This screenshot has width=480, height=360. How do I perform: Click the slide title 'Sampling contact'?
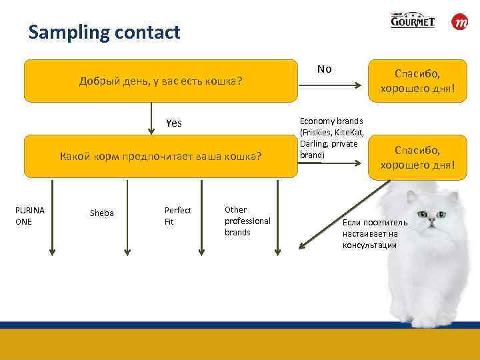tap(104, 32)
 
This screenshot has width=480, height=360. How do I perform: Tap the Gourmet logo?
tap(413, 21)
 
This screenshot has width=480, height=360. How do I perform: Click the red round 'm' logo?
tap(460, 22)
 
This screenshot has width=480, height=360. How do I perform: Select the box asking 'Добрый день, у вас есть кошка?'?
tap(160, 81)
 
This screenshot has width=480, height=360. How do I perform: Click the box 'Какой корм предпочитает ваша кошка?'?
tap(160, 157)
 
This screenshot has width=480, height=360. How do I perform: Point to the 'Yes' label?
tap(173, 123)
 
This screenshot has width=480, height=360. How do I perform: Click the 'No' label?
tap(325, 69)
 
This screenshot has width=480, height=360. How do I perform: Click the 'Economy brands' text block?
tap(331, 138)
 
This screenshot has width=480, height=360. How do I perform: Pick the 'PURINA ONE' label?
tap(30, 216)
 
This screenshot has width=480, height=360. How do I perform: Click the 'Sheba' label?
tap(101, 213)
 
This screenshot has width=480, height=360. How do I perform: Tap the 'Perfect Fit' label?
tap(178, 216)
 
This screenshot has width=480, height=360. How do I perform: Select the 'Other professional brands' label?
tap(247, 221)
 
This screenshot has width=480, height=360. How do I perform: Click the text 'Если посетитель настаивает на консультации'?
tap(369, 234)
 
